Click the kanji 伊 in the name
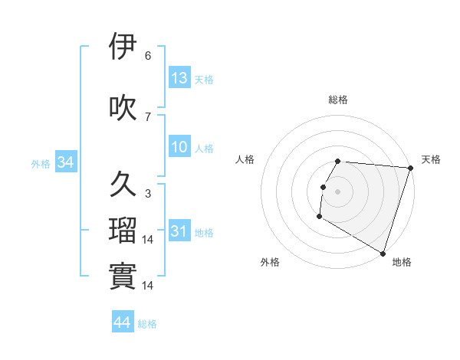pos(123,47)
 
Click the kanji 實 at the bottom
pos(123,277)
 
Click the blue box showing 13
pos(179,78)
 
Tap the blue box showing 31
pos(179,231)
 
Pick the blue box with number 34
pos(65,162)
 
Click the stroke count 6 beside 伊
pos(147,56)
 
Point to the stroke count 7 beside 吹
pos(147,117)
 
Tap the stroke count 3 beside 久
pos(147,194)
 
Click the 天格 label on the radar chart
pos(431,159)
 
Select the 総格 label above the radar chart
pos(337,100)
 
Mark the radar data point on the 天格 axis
pos(410,168)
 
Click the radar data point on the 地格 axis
pos(383,253)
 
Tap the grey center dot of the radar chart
pos(337,191)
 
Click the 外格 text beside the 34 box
pos(41,163)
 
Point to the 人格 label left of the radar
pos(245,159)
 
